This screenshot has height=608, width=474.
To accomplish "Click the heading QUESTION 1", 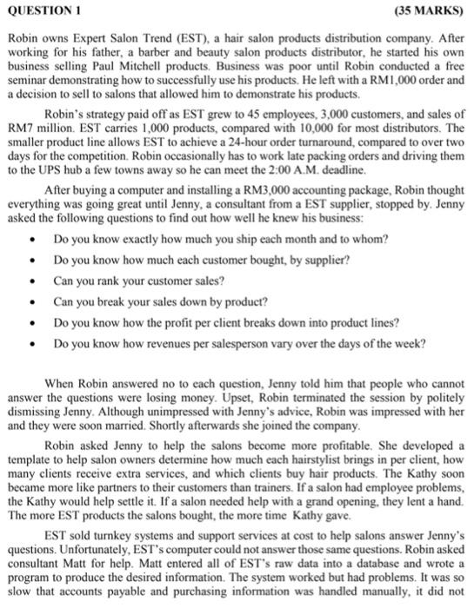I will point(43,10).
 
